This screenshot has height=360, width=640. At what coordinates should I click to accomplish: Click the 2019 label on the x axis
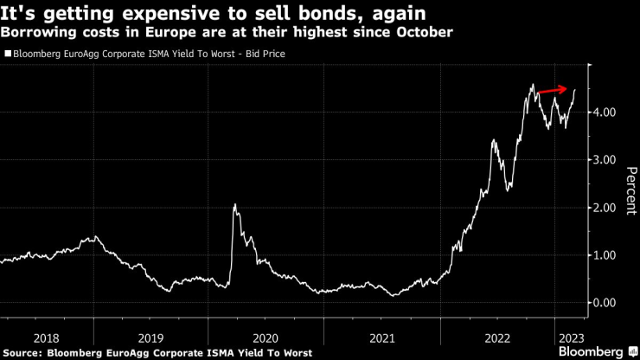pyautogui.click(x=150, y=338)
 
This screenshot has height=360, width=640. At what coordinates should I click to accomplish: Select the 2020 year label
pyautogui.click(x=266, y=338)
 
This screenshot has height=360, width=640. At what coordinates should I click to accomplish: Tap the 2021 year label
pyautogui.click(x=381, y=338)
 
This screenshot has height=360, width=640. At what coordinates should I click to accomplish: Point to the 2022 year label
pyautogui.click(x=497, y=338)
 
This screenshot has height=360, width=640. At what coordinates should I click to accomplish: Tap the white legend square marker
pyautogui.click(x=8, y=54)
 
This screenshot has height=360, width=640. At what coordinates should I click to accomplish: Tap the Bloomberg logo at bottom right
pyautogui.click(x=592, y=352)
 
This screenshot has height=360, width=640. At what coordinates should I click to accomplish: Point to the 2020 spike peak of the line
pyautogui.click(x=234, y=205)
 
